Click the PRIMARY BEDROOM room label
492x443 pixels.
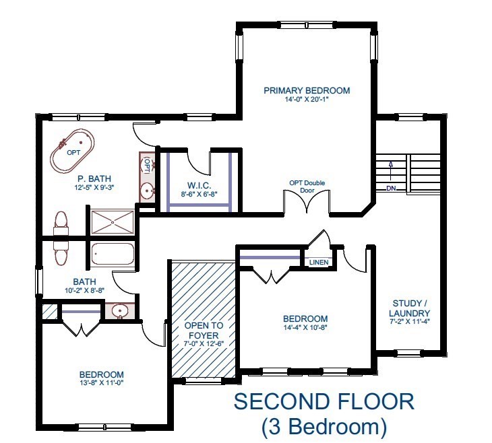point(307,90)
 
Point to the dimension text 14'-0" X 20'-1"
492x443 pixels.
point(307,100)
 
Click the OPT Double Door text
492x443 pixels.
point(307,186)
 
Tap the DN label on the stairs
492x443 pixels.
point(392,188)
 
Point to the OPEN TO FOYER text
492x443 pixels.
point(203,330)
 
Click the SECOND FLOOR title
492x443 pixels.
point(324,402)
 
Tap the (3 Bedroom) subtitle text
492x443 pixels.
point(324,425)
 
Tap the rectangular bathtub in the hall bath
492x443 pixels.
point(113,255)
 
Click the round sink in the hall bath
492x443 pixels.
point(120,311)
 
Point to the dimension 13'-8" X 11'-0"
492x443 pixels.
point(101,384)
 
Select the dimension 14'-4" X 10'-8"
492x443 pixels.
point(305,329)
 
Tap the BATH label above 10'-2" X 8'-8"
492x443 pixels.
point(85,282)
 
